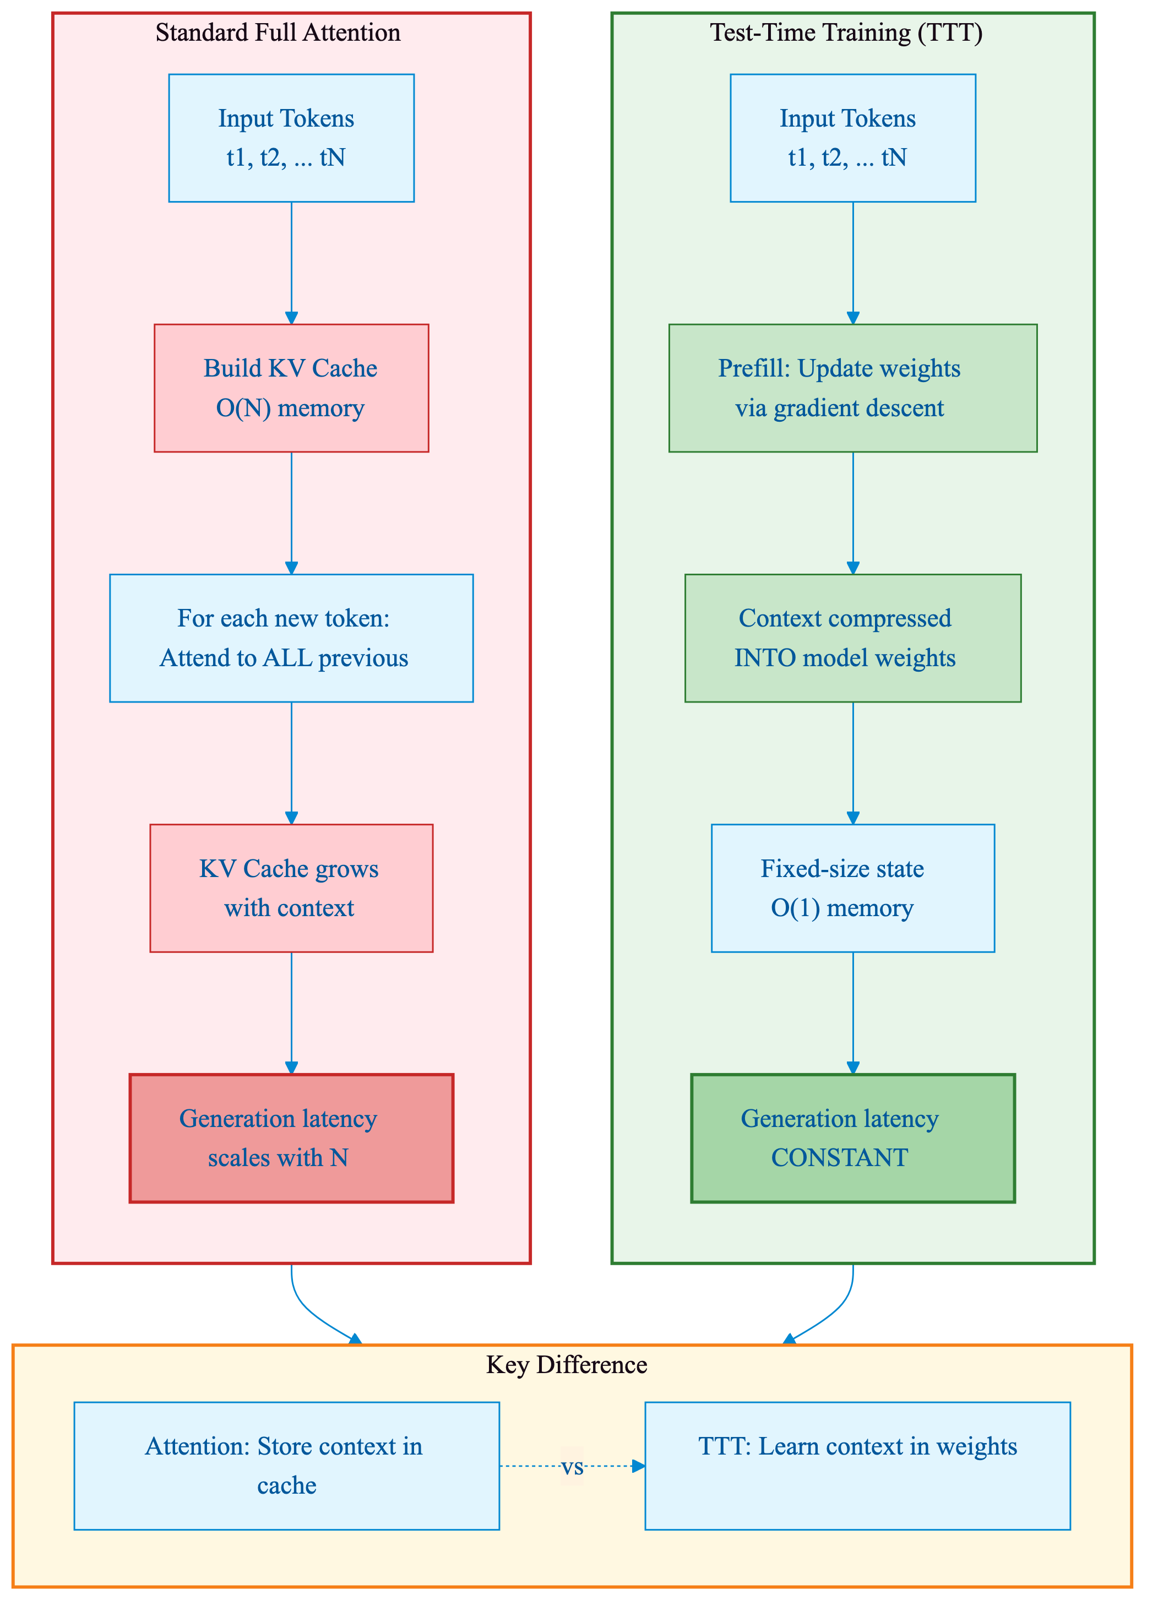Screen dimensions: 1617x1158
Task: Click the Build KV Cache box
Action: tap(291, 388)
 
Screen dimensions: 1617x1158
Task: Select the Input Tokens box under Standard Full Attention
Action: tap(291, 138)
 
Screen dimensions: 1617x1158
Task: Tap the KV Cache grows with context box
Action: tap(291, 888)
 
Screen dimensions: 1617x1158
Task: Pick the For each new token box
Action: tap(291, 638)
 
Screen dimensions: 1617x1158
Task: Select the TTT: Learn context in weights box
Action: tap(857, 1466)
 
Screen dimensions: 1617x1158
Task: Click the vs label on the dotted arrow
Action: tap(572, 1467)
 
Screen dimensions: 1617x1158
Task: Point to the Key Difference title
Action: tap(566, 1365)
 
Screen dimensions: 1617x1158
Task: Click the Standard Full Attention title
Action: tap(278, 33)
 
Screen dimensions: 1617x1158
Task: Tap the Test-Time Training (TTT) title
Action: tap(846, 33)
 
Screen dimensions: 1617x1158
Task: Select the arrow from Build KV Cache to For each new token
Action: tap(291, 513)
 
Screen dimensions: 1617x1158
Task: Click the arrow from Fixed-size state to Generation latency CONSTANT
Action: tap(853, 1012)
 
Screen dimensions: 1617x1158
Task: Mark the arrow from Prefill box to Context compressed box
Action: tap(853, 513)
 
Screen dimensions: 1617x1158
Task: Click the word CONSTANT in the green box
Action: tap(839, 1158)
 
